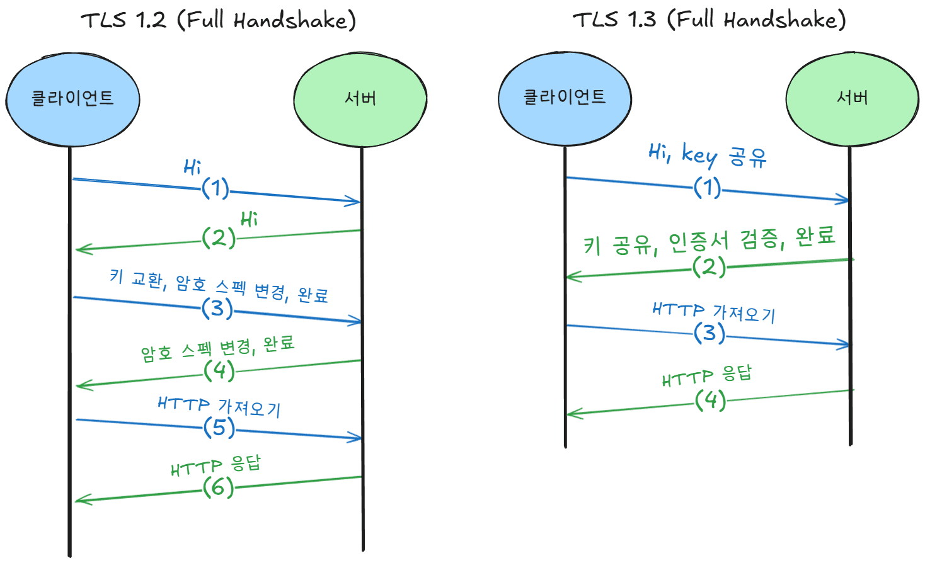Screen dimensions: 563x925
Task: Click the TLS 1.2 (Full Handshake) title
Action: click(x=218, y=20)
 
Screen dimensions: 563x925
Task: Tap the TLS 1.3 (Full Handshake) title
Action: click(x=709, y=20)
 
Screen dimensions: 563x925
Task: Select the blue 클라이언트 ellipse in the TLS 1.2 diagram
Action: click(x=72, y=99)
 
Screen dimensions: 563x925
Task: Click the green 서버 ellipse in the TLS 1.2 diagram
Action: click(x=360, y=99)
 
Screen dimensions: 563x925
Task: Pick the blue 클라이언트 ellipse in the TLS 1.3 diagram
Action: click(x=565, y=98)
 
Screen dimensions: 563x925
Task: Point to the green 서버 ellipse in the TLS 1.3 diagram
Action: click(x=852, y=98)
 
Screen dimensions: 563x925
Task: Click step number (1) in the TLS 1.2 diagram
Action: click(x=215, y=188)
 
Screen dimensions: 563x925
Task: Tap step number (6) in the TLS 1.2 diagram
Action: click(x=218, y=487)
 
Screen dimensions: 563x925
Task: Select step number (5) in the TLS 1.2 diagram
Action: click(x=219, y=428)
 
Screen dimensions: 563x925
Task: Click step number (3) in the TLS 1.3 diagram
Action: click(x=710, y=333)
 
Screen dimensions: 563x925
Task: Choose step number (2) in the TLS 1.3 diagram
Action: click(x=709, y=266)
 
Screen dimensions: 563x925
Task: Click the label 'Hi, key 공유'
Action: click(x=707, y=155)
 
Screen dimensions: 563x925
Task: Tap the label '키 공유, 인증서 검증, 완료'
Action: click(x=709, y=241)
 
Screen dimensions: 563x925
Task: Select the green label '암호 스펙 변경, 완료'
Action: click(x=217, y=349)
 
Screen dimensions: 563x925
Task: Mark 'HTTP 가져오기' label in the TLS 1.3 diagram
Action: click(x=713, y=311)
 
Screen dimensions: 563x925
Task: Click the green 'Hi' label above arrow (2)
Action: click(x=249, y=219)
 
